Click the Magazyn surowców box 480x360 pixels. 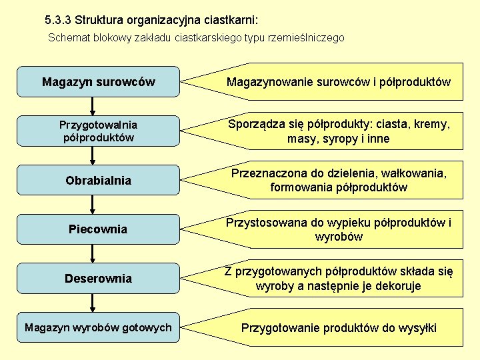click(x=98, y=82)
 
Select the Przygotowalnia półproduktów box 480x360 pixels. click(x=98, y=131)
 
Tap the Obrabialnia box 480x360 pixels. click(x=98, y=180)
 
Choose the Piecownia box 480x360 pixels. click(x=98, y=229)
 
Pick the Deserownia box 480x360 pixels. click(x=98, y=278)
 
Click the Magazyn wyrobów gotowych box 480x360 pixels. click(x=98, y=327)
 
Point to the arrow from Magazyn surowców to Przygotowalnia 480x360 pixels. click(x=93, y=106)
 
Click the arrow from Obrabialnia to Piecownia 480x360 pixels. click(x=93, y=204)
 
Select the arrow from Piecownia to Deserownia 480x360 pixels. click(x=93, y=253)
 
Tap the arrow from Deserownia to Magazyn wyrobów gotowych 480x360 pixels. click(x=93, y=303)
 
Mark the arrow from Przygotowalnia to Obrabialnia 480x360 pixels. click(x=93, y=155)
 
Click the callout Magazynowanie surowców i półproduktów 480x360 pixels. click(x=338, y=82)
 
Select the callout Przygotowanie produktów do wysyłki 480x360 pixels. click(x=338, y=327)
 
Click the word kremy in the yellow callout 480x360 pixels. click(x=432, y=124)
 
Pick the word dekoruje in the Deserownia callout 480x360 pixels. click(x=397, y=286)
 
